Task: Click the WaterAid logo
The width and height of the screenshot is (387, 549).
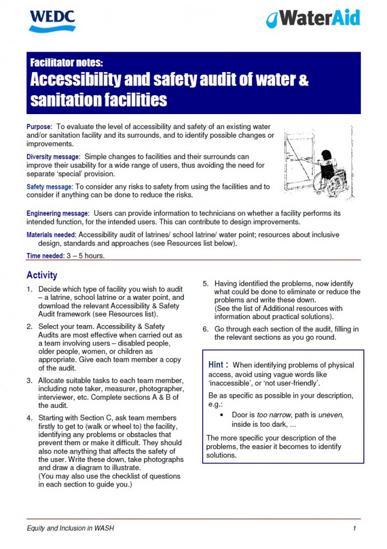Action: tap(313, 19)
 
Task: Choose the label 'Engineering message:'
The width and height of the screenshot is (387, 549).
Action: tap(58, 214)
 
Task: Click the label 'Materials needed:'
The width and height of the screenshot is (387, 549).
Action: tap(52, 235)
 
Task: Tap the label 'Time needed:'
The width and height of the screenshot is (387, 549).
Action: tap(44, 256)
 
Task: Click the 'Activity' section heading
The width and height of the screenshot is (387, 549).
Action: tap(42, 275)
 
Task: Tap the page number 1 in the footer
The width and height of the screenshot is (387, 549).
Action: tap(355, 529)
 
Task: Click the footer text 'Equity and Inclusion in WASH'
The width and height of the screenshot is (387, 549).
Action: tap(70, 529)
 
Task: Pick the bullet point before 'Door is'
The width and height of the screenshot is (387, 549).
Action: tap(223, 416)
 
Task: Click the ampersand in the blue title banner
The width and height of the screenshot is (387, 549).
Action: tap(303, 80)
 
